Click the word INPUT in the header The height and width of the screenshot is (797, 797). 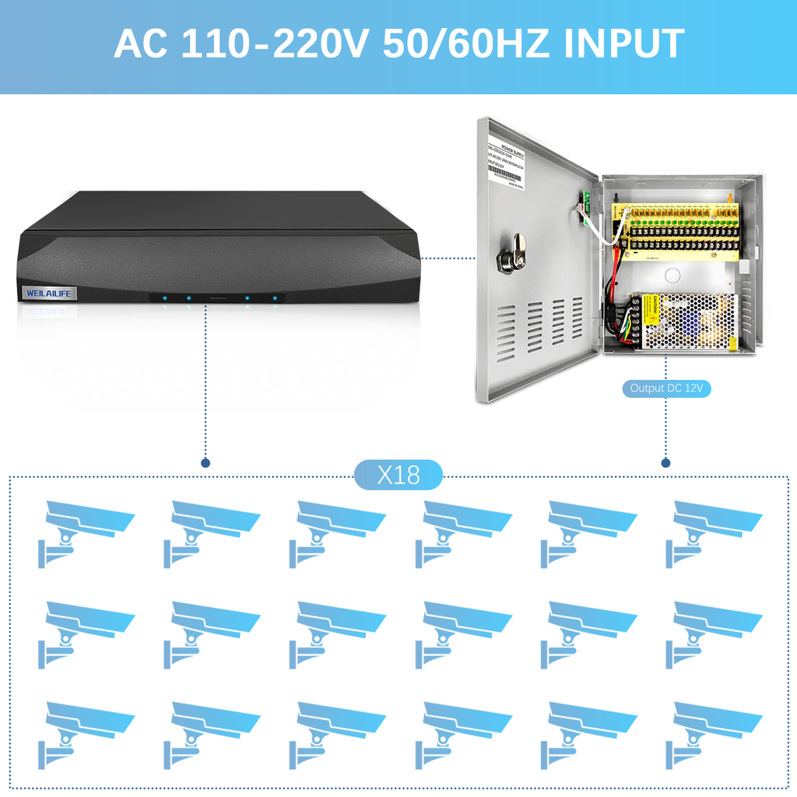point(624,44)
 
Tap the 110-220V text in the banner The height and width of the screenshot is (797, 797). point(274,44)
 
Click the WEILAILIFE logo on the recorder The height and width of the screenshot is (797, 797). point(47,293)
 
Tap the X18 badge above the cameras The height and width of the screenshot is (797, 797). point(398,475)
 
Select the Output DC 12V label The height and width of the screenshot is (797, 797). point(666,388)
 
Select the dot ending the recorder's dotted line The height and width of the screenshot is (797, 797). point(205,462)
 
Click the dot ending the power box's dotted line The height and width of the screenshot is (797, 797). point(665,462)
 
